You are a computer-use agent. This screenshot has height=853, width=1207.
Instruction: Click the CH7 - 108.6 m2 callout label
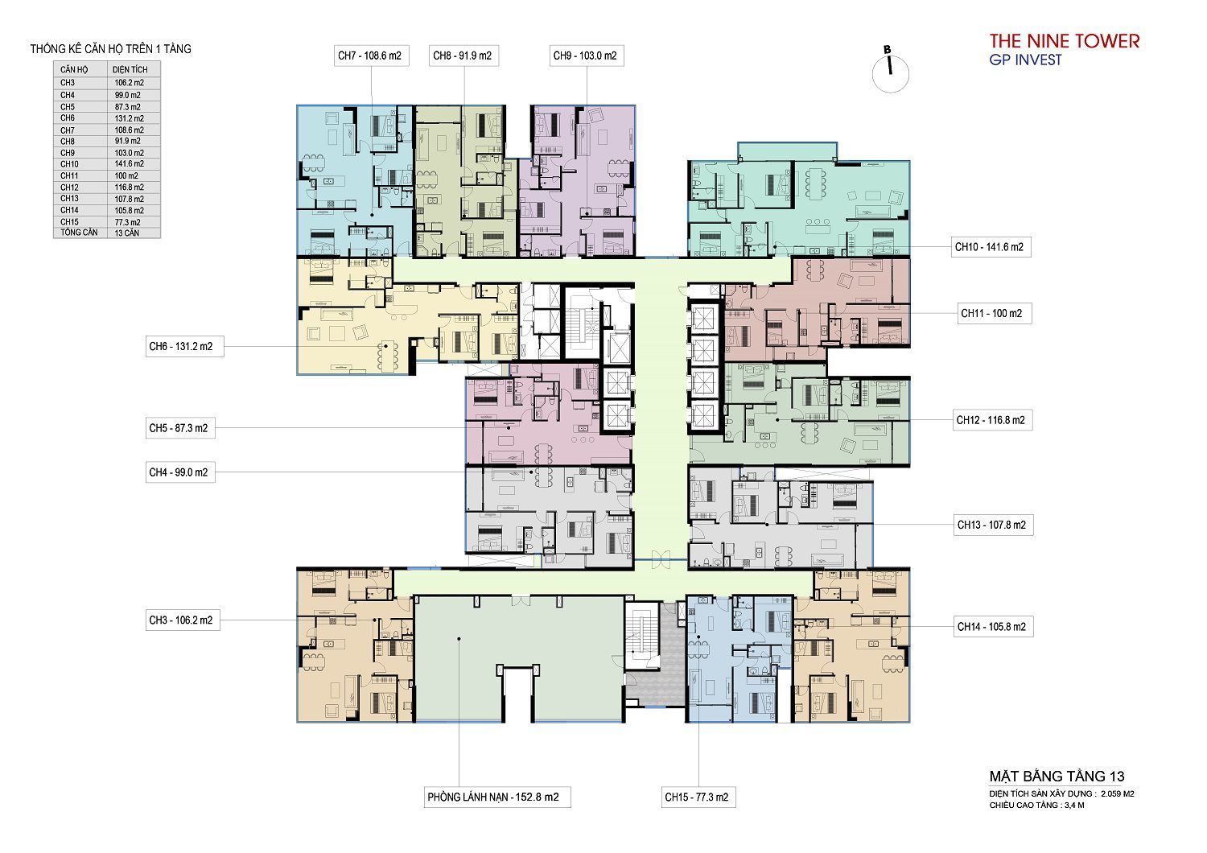[369, 56]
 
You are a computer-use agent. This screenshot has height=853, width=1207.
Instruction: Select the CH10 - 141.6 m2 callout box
[990, 247]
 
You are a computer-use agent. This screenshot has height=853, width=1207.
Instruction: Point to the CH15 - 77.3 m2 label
[698, 797]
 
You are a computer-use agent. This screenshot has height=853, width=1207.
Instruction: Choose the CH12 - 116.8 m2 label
[991, 420]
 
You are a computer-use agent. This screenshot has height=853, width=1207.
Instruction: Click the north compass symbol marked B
[890, 72]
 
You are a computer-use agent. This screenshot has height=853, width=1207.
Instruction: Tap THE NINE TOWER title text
[1065, 42]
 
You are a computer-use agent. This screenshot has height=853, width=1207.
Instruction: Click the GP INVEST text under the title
[1025, 60]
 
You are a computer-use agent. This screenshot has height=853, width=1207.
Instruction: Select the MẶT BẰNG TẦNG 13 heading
[1057, 777]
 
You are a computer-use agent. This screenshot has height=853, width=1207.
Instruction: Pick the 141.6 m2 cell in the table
[130, 164]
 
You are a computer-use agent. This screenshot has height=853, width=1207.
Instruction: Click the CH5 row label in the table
[68, 107]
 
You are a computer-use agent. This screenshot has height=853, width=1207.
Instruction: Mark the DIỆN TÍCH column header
[130, 69]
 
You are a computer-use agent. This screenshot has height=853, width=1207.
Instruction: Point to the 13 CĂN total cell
[127, 233]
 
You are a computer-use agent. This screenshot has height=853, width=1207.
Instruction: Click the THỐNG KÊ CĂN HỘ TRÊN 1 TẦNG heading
[111, 49]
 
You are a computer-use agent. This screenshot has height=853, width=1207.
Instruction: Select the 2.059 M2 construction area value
[1118, 793]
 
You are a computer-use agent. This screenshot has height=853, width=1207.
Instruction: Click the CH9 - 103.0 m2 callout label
[586, 56]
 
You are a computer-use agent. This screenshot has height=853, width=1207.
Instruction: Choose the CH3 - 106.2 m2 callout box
[181, 620]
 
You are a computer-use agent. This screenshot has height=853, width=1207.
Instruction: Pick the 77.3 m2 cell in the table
[128, 222]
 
